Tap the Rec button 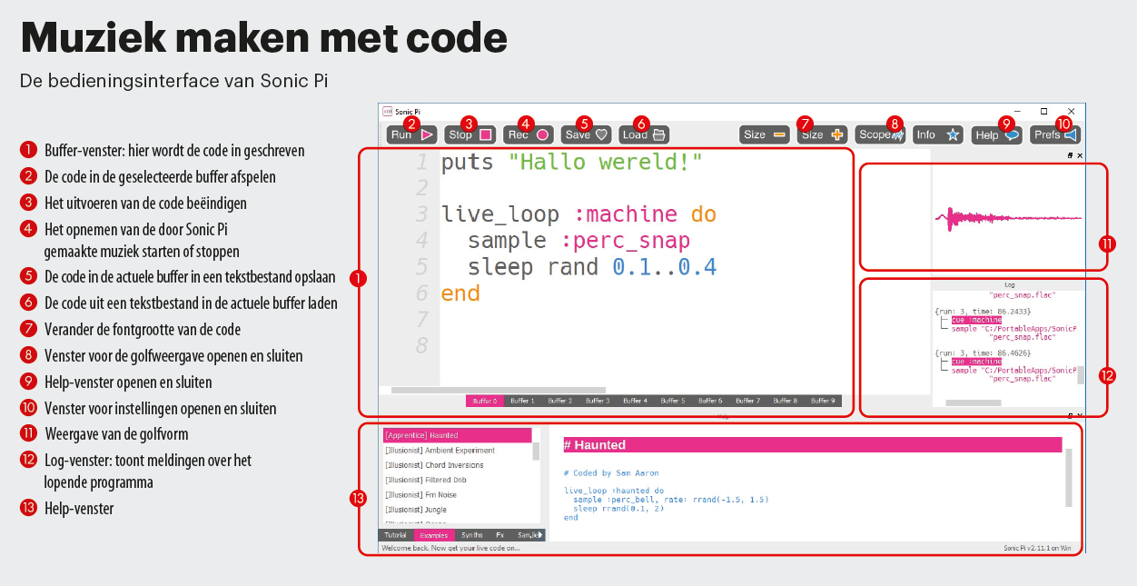pyautogui.click(x=529, y=134)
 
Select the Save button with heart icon pyautogui.click(x=586, y=134)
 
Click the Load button pyautogui.click(x=644, y=134)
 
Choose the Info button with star pyautogui.click(x=937, y=134)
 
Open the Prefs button pyautogui.click(x=1055, y=134)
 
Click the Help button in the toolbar pyautogui.click(x=995, y=134)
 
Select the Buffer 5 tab pyautogui.click(x=672, y=401)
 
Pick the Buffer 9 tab pyautogui.click(x=823, y=401)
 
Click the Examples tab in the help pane pyautogui.click(x=433, y=535)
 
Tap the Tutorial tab pyautogui.click(x=396, y=535)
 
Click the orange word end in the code pyautogui.click(x=460, y=293)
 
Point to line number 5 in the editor pyautogui.click(x=420, y=267)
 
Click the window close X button pyautogui.click(x=1072, y=111)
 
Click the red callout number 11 pyautogui.click(x=1106, y=244)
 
